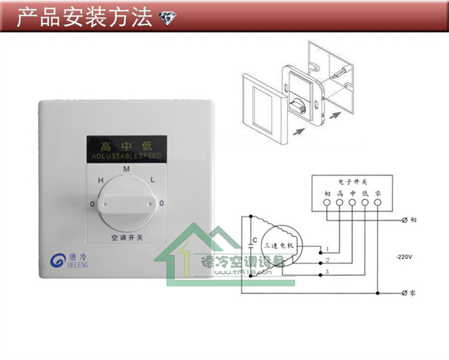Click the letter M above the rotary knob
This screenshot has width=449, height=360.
coord(126,168)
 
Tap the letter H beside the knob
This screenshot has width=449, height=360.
coord(101,180)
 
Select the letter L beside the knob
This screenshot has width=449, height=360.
coord(152,180)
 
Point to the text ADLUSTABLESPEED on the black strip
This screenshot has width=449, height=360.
coord(126,155)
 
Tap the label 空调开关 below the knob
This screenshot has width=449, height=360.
coord(127,238)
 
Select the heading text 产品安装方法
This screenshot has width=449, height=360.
coord(84,18)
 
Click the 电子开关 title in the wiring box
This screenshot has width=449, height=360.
coord(352,182)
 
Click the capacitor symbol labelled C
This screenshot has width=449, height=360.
coord(250,245)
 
